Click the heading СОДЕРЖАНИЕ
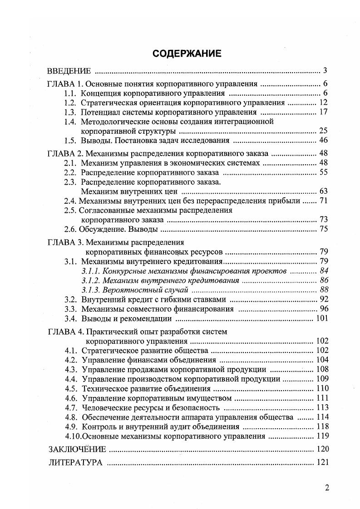click(x=187, y=54)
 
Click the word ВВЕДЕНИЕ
click(x=69, y=71)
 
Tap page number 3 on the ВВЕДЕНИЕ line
click(x=325, y=71)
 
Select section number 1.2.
click(x=70, y=103)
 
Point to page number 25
click(x=323, y=131)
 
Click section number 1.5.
click(x=70, y=140)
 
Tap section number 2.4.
click(x=70, y=201)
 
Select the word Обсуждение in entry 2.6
click(x=101, y=229)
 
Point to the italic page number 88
click(x=323, y=289)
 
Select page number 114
click(x=321, y=417)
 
